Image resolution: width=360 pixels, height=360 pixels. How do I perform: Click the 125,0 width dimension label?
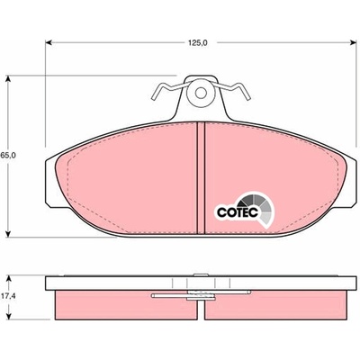click(198, 42)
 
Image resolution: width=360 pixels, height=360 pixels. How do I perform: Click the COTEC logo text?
click(238, 212)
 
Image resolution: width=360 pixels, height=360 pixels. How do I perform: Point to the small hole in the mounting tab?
click(201, 93)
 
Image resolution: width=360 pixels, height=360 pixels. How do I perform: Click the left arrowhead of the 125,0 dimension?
click(49, 42)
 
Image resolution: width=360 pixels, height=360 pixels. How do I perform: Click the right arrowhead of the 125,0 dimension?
click(352, 42)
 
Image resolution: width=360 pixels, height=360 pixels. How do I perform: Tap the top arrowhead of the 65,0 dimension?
click(8, 79)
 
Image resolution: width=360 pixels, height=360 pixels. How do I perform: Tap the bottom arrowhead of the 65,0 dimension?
click(8, 233)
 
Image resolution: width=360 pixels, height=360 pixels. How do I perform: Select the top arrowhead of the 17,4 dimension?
click(10, 280)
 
